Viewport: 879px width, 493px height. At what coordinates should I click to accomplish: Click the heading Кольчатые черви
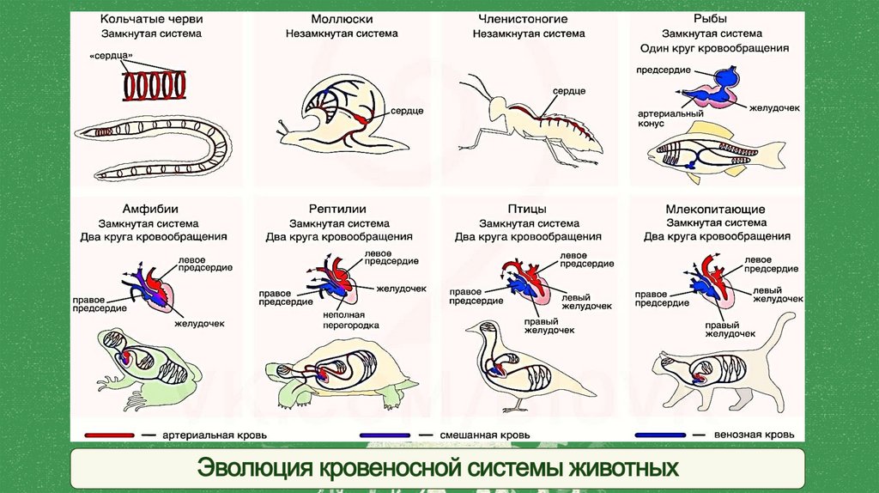(150, 18)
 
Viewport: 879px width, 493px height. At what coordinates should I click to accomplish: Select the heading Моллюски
(341, 18)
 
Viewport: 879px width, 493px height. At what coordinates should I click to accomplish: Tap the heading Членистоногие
(528, 18)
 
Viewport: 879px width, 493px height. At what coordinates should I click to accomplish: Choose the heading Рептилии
(338, 209)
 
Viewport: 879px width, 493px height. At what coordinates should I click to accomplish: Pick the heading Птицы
(527, 209)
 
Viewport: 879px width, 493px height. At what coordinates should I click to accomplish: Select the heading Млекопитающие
(715, 209)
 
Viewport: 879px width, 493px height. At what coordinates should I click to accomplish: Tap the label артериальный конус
(662, 118)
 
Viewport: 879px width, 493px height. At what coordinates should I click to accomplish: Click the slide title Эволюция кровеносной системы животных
(438, 469)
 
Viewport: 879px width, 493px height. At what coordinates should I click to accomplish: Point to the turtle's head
(276, 372)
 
